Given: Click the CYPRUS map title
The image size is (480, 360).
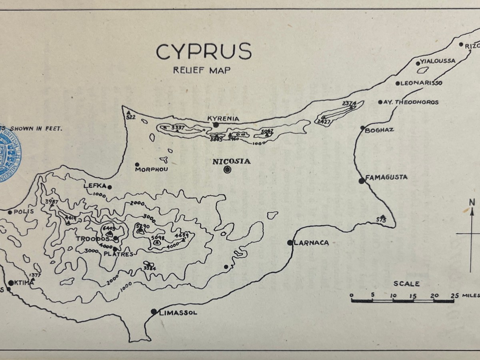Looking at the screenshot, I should (x=204, y=52).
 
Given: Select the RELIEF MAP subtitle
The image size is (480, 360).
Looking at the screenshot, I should (x=202, y=70).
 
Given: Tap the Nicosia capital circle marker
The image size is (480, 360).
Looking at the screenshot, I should (x=228, y=170).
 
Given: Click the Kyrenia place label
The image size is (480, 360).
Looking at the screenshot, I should (x=223, y=118).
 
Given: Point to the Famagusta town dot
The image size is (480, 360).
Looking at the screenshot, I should (x=362, y=181).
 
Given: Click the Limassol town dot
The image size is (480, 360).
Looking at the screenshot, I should (x=154, y=312).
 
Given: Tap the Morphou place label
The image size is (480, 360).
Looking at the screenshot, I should (x=151, y=170).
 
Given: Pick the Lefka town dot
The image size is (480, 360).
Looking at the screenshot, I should (x=110, y=187).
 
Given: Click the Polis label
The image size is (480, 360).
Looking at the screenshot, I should (x=24, y=212).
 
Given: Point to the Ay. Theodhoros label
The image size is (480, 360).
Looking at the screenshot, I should (x=411, y=102).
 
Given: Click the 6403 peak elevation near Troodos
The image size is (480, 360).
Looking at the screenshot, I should (x=109, y=228).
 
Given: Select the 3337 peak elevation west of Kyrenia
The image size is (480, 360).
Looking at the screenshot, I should (x=178, y=128).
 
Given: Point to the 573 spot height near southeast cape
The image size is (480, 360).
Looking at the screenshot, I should (x=382, y=219).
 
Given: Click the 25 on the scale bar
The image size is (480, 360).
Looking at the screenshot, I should (x=454, y=295).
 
